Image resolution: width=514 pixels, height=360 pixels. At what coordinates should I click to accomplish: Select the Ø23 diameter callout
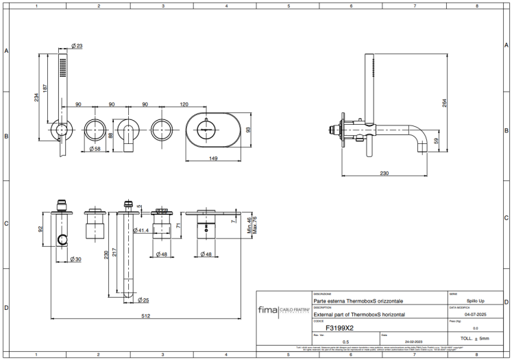point(77,46)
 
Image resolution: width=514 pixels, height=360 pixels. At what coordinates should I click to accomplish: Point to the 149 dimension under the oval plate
point(213,159)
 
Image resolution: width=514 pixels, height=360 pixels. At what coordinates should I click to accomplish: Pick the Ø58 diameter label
point(95,148)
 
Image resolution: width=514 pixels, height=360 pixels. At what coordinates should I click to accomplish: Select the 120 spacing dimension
point(184,104)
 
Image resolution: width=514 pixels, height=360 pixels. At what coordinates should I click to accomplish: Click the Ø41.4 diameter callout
point(144,230)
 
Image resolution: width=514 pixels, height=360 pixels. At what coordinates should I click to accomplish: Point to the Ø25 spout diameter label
point(143,300)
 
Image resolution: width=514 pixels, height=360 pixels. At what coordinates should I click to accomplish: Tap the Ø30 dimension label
point(75,259)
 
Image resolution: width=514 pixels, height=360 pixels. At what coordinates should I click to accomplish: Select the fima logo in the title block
point(267,310)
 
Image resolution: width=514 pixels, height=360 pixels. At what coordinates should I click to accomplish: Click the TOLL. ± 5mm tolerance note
point(475,339)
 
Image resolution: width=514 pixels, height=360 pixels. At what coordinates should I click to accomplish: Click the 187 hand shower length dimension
point(46,88)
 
